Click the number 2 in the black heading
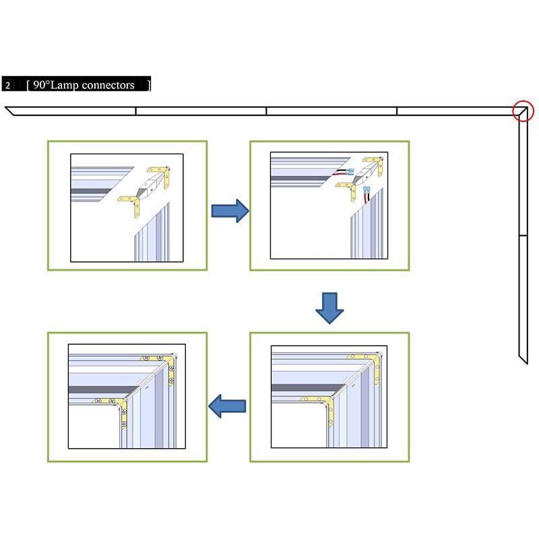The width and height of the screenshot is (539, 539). coord(7,86)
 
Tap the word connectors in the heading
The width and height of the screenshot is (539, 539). coord(108,85)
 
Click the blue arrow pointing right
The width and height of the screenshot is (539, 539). coord(230,211)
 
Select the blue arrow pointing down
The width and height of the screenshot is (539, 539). coord(329,308)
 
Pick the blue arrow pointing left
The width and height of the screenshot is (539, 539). coord(227,406)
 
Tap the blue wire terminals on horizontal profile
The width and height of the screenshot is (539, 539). coord(350,172)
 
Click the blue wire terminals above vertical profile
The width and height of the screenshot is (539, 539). coord(367,190)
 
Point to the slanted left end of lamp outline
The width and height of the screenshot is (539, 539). coord(9,111)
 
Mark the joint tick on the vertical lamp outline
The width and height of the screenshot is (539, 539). coord(524,235)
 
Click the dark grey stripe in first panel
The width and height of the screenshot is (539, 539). coord(92,191)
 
